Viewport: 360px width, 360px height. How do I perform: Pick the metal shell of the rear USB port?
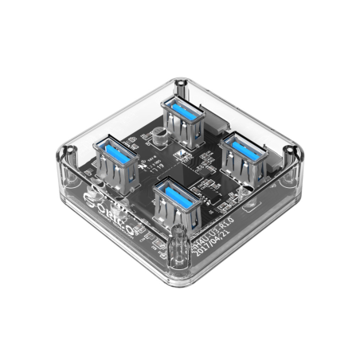pos(182,123)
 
